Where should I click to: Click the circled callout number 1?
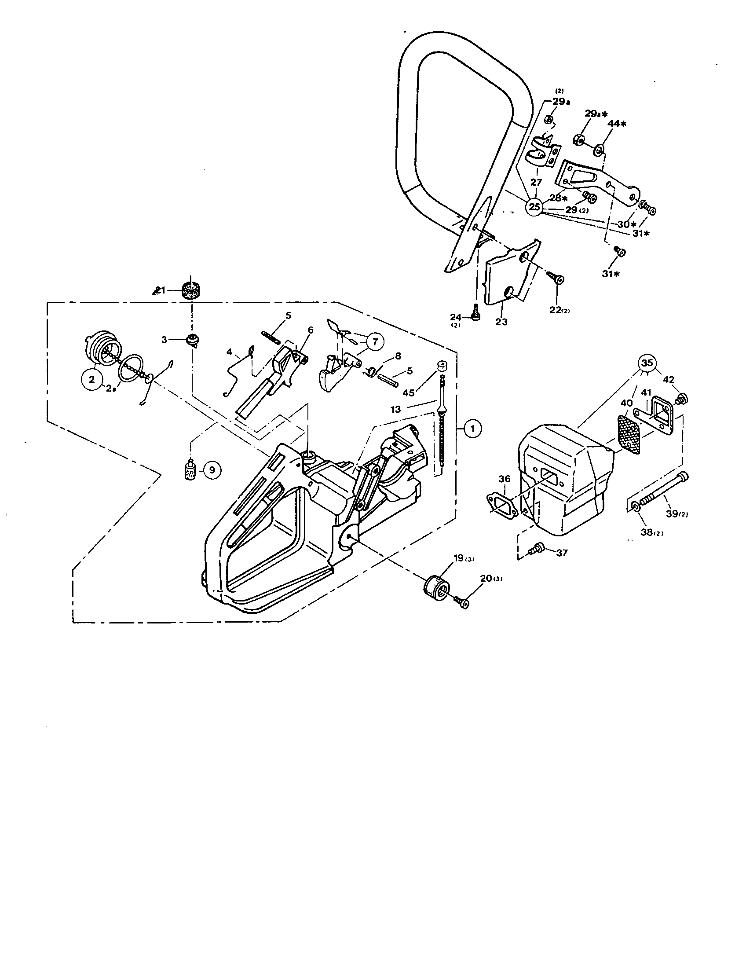point(473,428)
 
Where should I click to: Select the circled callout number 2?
point(91,379)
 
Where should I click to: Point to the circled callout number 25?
point(535,206)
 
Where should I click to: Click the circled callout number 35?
point(647,363)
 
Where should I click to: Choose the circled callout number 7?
point(375,341)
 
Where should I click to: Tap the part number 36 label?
point(504,479)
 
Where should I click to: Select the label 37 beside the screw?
point(562,553)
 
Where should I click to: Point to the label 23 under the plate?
point(501,322)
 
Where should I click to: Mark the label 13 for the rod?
point(395,410)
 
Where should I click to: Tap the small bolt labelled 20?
point(461,602)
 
